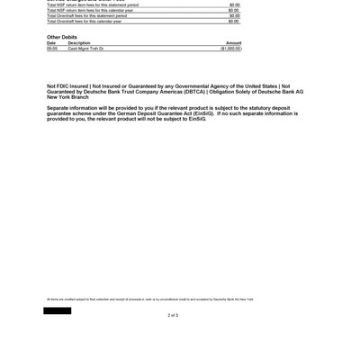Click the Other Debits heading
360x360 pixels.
tap(61, 37)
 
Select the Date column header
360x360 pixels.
tap(51, 42)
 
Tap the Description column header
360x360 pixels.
tap(79, 42)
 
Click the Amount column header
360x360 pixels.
tap(233, 42)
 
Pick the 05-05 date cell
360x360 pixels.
tap(52, 49)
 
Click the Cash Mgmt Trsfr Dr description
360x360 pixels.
tap(86, 49)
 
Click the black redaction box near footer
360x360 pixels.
tap(57, 310)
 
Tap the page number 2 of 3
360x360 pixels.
tap(173, 315)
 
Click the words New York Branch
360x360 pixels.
tap(67, 96)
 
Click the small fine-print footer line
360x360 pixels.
tap(149, 299)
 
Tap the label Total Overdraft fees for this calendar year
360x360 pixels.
tap(86, 21)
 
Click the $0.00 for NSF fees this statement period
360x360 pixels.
tap(234, 4)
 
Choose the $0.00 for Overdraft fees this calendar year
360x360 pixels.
tap(234, 21)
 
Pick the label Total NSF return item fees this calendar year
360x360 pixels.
tap(86, 10)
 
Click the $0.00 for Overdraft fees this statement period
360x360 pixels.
tap(234, 15)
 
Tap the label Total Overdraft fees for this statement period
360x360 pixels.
tap(86, 15)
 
